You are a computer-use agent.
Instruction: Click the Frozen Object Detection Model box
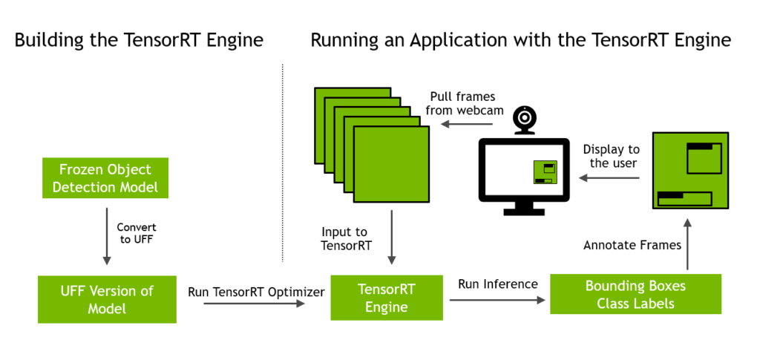coord(105,178)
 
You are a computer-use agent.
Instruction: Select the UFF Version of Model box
coord(107,298)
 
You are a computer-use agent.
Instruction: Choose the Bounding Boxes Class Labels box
coord(635,295)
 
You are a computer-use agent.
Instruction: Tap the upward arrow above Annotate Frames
coord(688,243)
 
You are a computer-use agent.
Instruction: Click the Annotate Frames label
coord(632,245)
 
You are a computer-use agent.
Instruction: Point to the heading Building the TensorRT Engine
coord(139,40)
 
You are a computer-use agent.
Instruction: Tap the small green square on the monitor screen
coord(546,173)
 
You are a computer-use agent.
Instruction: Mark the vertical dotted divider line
coord(283,163)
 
